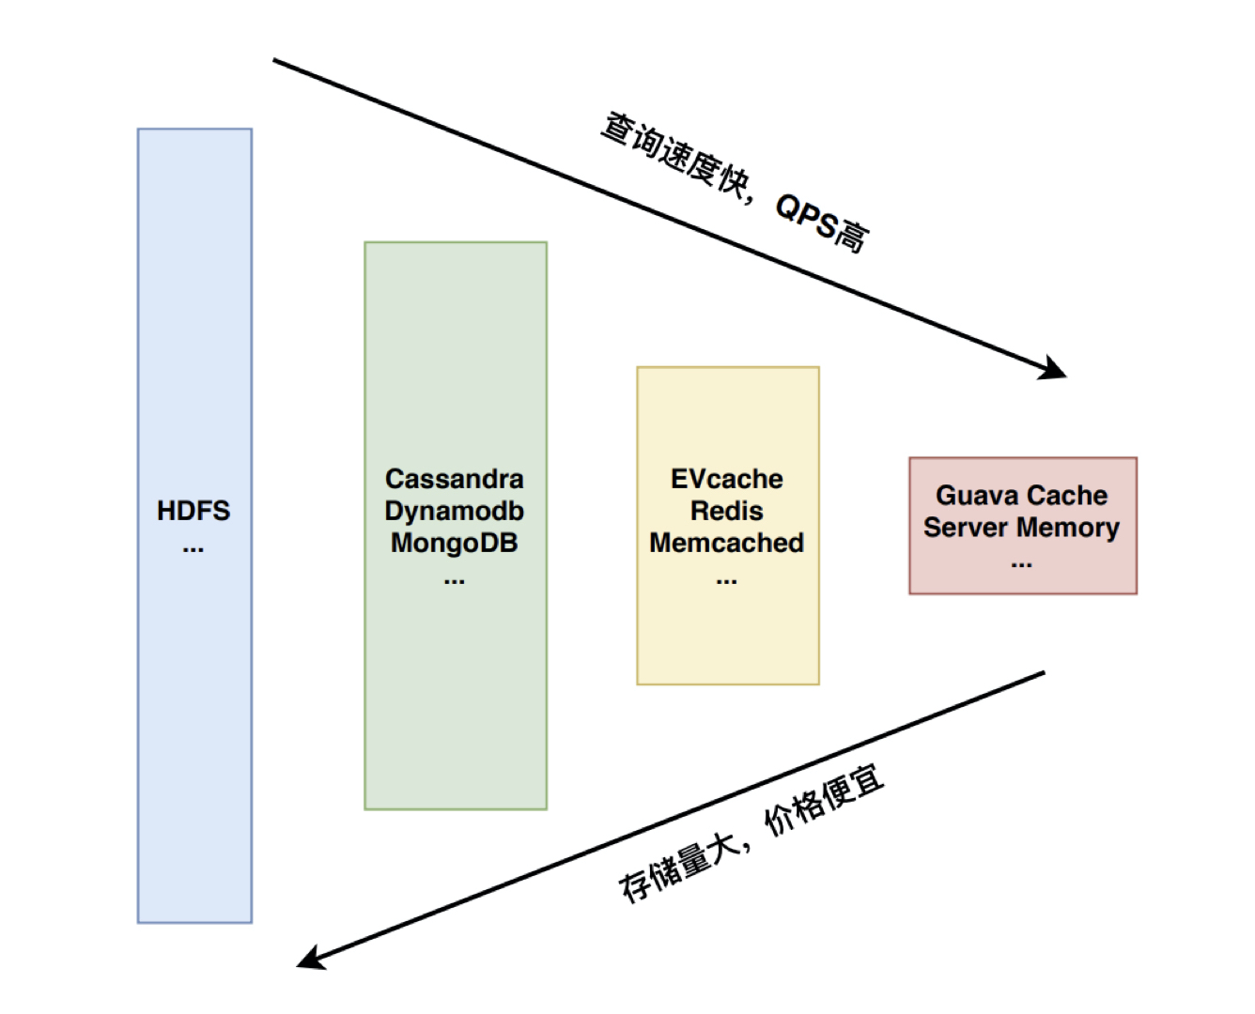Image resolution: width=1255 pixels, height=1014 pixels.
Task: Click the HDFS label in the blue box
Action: coord(194,511)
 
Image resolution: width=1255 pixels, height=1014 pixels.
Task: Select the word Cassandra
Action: coord(455,479)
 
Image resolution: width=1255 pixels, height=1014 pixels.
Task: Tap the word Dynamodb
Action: coord(455,511)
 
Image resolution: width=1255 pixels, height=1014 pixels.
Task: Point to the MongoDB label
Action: coord(455,543)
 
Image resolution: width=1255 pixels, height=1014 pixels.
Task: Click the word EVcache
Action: coord(727,479)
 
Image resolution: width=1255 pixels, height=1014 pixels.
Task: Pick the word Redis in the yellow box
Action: coord(727,511)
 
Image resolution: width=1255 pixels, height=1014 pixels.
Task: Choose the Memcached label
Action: coord(727,543)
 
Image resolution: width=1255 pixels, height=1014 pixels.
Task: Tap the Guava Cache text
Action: coord(1022,495)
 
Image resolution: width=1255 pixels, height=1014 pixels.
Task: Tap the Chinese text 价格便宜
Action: coord(825,800)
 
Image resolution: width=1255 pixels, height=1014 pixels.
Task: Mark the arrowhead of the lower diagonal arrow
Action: coord(309,959)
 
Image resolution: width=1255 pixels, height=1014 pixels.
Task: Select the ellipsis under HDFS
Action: coord(194,548)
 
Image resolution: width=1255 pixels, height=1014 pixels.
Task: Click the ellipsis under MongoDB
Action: coord(455,581)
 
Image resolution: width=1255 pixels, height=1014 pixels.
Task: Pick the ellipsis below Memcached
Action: coord(727,581)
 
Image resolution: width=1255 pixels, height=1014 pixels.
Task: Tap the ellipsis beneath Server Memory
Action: coord(1022,565)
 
